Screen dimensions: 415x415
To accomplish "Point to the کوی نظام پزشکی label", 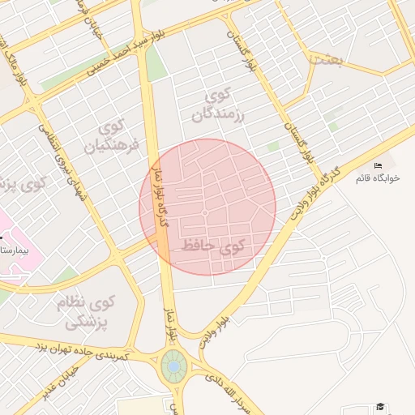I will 86,312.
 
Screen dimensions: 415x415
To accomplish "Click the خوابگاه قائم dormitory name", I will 378,178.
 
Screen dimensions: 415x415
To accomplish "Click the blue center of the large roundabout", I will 172,368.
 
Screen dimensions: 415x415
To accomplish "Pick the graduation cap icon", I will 379,407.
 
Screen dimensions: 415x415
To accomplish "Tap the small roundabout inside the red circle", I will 205,213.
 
